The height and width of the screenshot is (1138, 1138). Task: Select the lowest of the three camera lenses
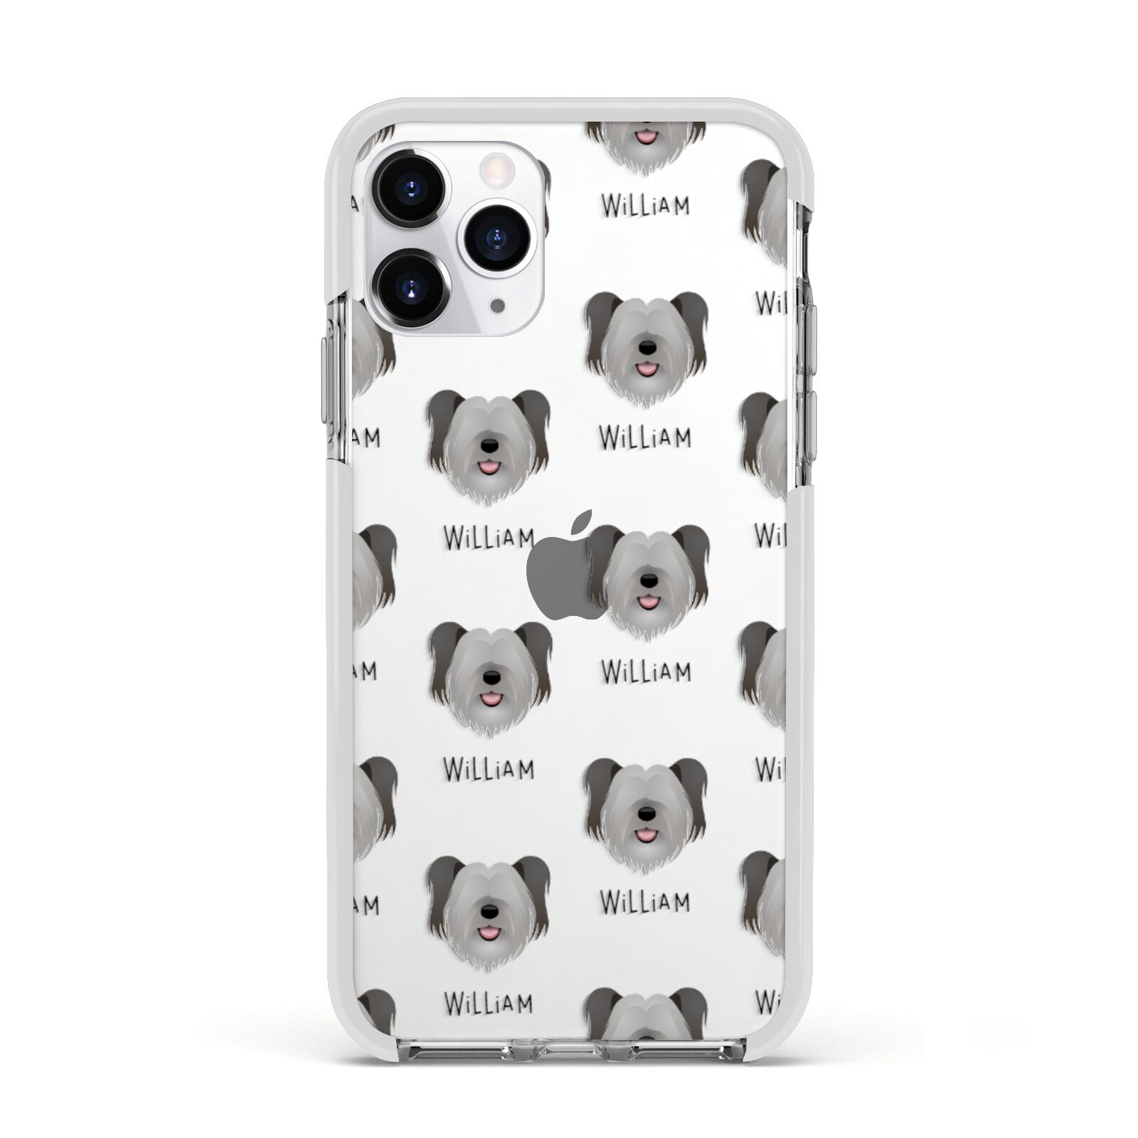[411, 288]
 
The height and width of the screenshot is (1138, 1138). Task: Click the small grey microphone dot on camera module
[498, 304]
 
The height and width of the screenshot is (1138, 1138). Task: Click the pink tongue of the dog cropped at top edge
[646, 137]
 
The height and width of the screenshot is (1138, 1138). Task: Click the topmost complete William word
[645, 206]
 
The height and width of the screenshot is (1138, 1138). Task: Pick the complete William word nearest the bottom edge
[488, 1004]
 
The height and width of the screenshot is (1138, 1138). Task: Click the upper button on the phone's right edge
[810, 334]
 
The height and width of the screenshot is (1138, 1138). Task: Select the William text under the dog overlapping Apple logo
[645, 672]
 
